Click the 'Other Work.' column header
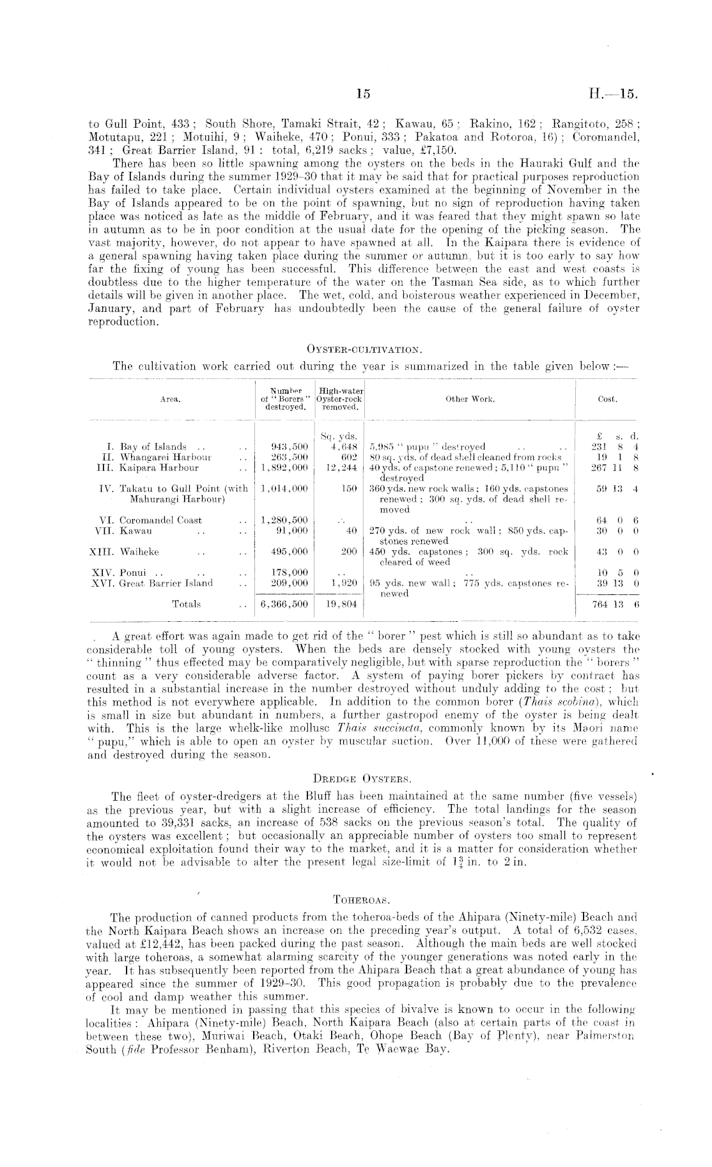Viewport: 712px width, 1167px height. point(470,399)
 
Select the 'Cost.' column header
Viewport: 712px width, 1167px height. point(607,399)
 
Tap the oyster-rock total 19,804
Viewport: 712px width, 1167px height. point(341,604)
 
